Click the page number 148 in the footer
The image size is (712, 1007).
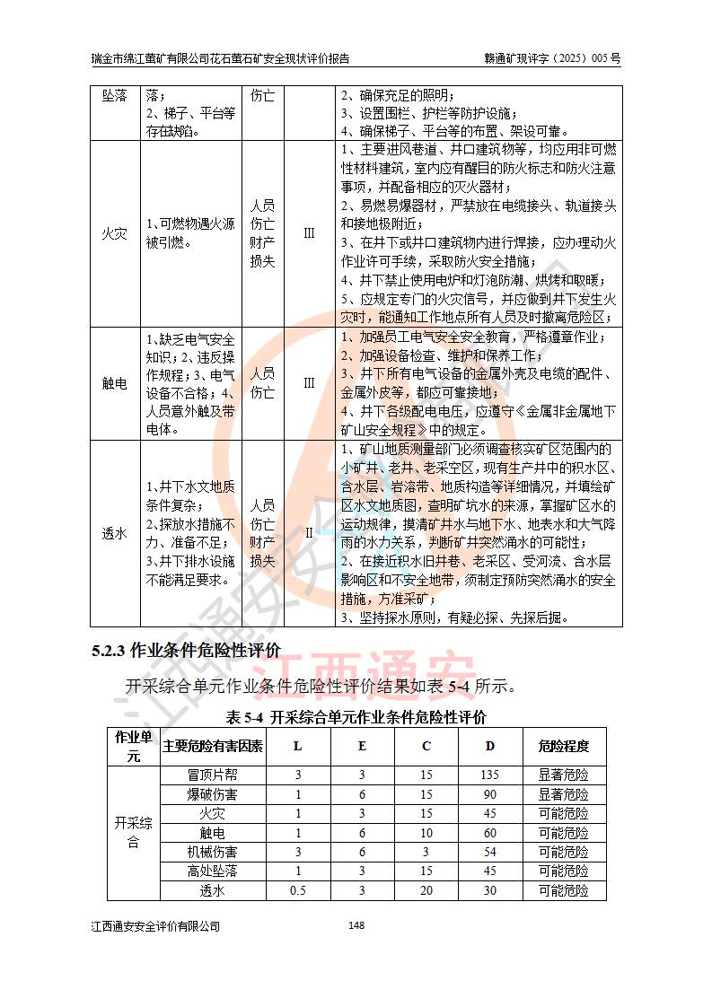point(356,926)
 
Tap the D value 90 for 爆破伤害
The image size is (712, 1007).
point(489,794)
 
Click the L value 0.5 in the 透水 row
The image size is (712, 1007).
point(298,891)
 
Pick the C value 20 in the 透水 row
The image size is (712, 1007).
point(426,891)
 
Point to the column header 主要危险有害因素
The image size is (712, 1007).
point(213,747)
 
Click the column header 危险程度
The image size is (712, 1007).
point(563,747)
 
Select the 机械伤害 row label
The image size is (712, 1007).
point(213,852)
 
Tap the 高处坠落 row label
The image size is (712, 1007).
point(213,871)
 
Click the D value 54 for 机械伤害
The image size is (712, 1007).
point(489,852)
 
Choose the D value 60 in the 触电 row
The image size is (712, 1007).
point(489,833)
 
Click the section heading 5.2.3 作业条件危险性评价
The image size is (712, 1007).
point(186,650)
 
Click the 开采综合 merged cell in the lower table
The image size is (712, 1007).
point(133,833)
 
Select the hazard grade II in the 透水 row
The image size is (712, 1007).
point(309,533)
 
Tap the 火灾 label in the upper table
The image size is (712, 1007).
point(115,235)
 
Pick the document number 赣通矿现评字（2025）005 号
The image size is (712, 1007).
point(551,59)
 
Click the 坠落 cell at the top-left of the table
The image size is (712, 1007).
point(115,94)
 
